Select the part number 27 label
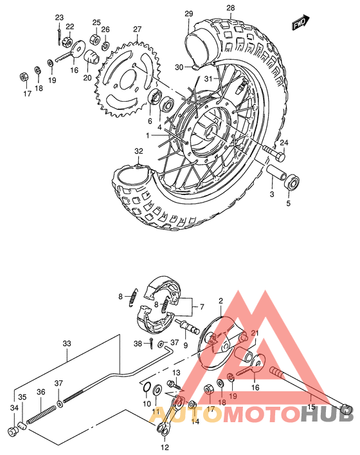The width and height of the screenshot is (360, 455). tap(137, 30)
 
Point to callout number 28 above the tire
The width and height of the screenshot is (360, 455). tap(213, 7)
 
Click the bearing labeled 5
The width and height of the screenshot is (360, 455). tap(292, 182)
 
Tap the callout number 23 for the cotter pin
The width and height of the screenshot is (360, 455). tap(59, 17)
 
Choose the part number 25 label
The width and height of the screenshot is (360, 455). tap(96, 23)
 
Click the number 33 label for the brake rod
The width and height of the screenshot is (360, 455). tap(67, 344)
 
